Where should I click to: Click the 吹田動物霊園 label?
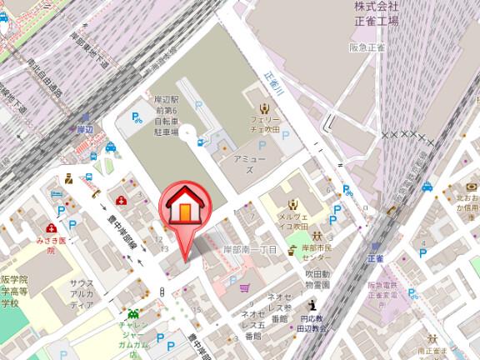click(x=317, y=278)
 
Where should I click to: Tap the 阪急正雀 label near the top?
click(x=367, y=47)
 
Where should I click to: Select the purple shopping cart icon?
click(x=245, y=288)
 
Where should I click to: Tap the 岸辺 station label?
click(x=84, y=129)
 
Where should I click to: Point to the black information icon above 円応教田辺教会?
click(x=312, y=304)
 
